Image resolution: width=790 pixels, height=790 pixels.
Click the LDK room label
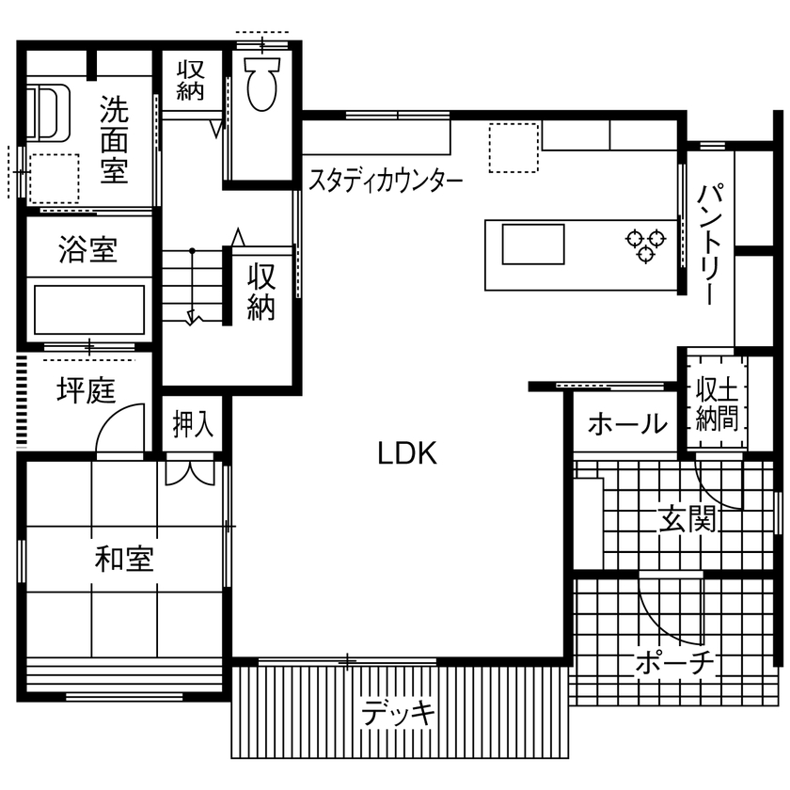coord(407,454)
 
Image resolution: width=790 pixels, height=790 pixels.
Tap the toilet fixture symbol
coord(261,80)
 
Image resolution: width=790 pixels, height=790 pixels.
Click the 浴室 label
coord(87,251)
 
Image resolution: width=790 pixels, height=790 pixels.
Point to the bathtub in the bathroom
coord(89,309)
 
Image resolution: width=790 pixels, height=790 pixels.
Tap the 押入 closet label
coord(193,425)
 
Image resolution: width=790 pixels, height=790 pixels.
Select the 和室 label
coord(124,560)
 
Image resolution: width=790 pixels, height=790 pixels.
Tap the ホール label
coord(627,425)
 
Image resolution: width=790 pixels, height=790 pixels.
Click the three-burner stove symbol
coord(645,245)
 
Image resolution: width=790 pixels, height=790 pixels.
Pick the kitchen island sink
coord(532,245)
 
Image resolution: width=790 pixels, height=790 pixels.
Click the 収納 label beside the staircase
coord(261,292)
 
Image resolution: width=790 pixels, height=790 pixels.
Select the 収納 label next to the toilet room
coord(192,80)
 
